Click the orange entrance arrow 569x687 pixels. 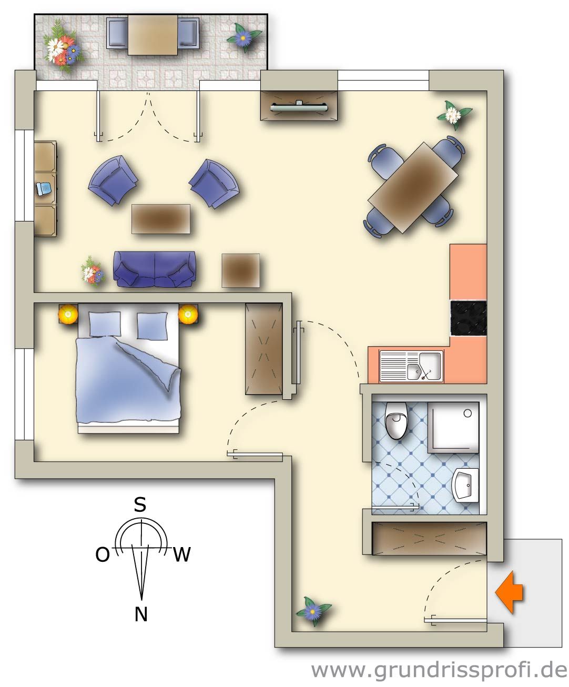[x=509, y=593]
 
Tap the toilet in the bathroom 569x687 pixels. [x=396, y=420]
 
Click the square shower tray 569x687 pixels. [x=453, y=427]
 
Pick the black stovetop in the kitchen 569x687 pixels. [x=468, y=318]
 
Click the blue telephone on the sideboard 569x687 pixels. [x=43, y=189]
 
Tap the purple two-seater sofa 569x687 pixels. [x=155, y=269]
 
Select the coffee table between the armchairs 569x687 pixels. [x=160, y=218]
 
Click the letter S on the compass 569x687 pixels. [x=140, y=505]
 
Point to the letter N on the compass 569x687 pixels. [x=141, y=614]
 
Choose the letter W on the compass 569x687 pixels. [x=181, y=554]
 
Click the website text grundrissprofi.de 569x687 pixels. [x=439, y=670]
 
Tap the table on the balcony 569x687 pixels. [x=153, y=34]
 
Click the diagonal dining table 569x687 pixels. [x=413, y=187]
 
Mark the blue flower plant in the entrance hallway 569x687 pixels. [x=313, y=611]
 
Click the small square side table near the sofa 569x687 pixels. [x=240, y=270]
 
